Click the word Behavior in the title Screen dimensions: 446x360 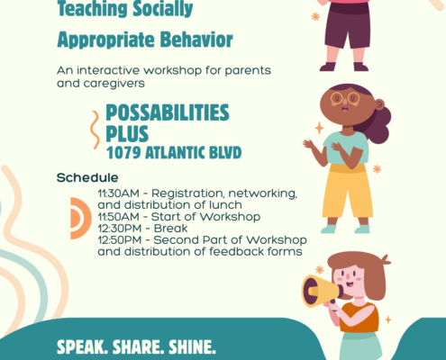pos(196,40)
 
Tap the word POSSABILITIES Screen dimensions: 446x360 pos(168,112)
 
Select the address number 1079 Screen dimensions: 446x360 pos(123,153)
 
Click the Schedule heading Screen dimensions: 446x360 pos(87,177)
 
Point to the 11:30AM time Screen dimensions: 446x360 pos(119,193)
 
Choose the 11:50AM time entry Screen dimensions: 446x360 pos(119,217)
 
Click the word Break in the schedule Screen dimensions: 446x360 pos(170,229)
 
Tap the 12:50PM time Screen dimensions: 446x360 pos(120,240)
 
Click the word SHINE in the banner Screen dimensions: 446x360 pos(192,347)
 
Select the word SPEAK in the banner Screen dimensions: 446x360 pos(83,347)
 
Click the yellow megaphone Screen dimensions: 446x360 pos(321,291)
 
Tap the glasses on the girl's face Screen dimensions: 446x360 pos(345,98)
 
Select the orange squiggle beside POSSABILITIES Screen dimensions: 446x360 pos(96,130)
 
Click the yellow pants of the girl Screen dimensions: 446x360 pos(347,192)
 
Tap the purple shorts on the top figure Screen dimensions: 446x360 pos(348,27)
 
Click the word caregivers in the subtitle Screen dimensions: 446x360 pos(114,84)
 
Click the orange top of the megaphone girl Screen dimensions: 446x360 pos(360,318)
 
